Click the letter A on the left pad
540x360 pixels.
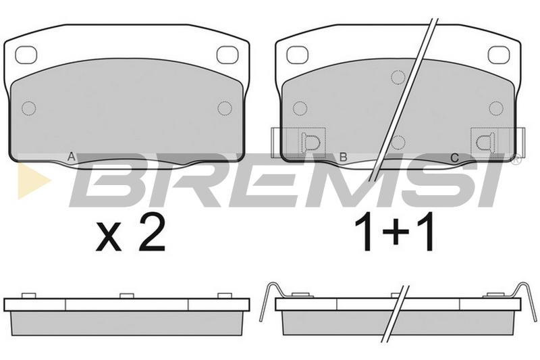pyautogui.click(x=71, y=157)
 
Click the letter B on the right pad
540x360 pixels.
pyautogui.click(x=343, y=157)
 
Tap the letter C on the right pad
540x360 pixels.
pyautogui.click(x=454, y=158)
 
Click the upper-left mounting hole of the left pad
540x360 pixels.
pyautogui.click(x=26, y=55)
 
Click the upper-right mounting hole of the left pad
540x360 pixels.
pyautogui.click(x=227, y=55)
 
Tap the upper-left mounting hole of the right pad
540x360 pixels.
pyautogui.click(x=297, y=55)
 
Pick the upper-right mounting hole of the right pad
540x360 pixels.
pyautogui.click(x=499, y=55)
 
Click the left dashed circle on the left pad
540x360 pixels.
pyautogui.click(x=28, y=109)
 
